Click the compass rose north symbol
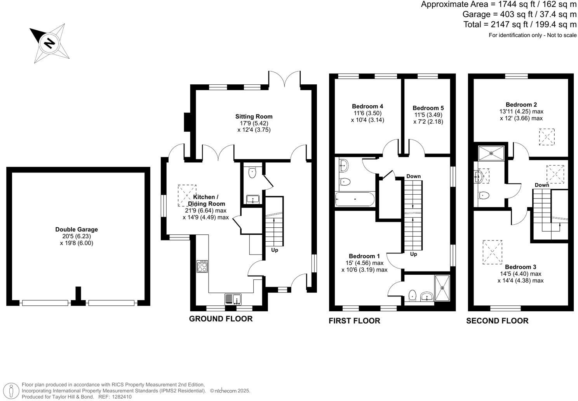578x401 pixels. click(x=49, y=43)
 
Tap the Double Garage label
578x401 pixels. click(x=77, y=229)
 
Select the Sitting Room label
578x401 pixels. click(x=254, y=117)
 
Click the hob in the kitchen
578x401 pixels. click(x=202, y=266)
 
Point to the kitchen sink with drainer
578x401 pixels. click(x=233, y=299)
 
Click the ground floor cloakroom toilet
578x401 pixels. click(x=252, y=173)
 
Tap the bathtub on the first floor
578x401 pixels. click(x=355, y=199)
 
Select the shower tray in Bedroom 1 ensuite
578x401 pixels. click(x=442, y=288)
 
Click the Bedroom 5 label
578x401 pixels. click(x=428, y=108)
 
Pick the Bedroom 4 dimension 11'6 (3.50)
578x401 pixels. click(x=367, y=113)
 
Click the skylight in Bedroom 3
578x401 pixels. click(x=492, y=252)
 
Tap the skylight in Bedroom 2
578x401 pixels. click(x=547, y=137)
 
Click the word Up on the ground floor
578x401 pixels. click(x=275, y=250)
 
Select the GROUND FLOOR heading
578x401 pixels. click(x=221, y=319)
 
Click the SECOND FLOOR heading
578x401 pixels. click(x=497, y=321)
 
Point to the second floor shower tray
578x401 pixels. click(x=491, y=153)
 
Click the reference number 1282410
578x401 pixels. click(x=122, y=397)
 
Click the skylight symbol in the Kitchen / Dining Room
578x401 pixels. click(x=187, y=195)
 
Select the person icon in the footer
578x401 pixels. click(x=11, y=391)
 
